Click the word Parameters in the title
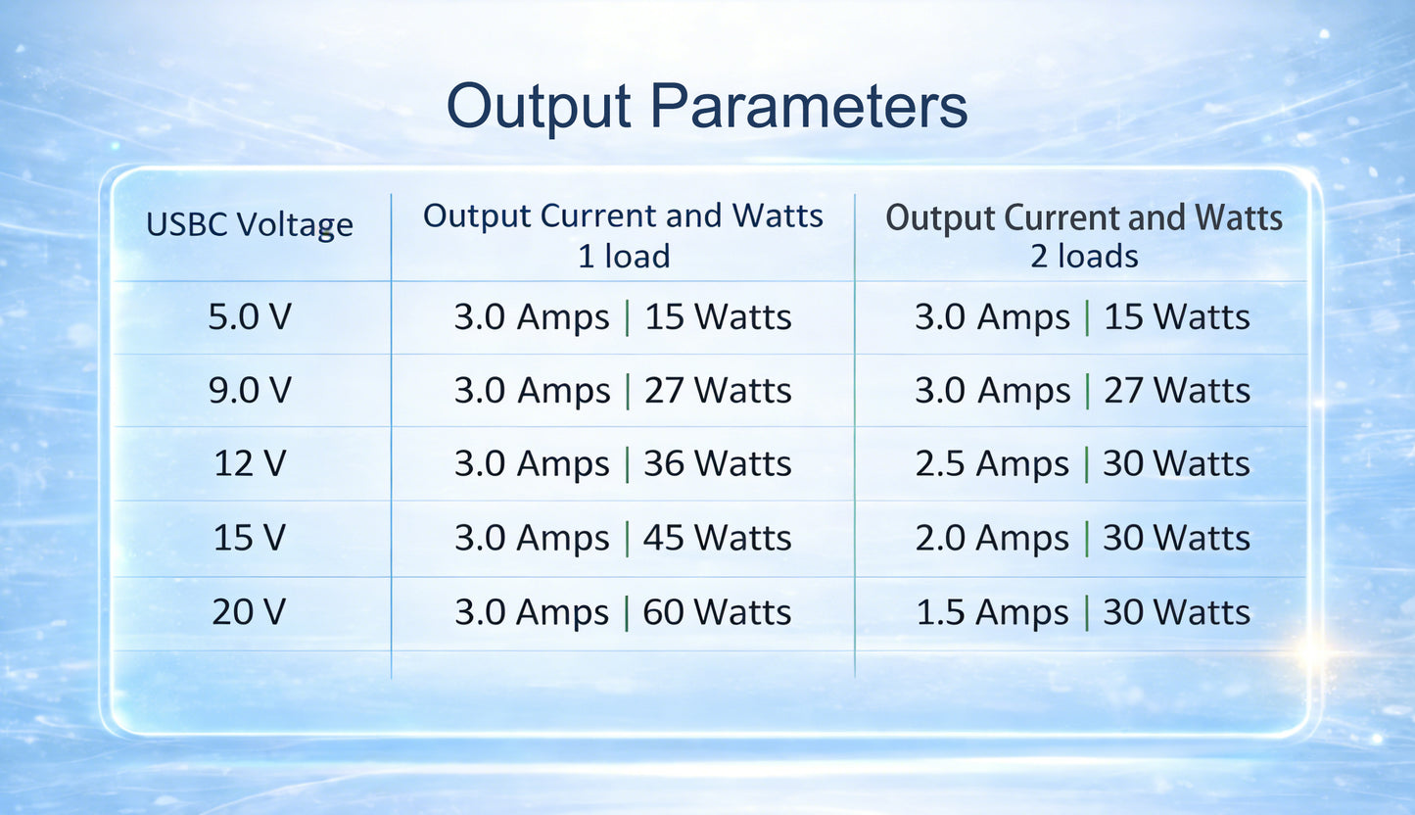click(809, 106)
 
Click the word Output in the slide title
click(539, 108)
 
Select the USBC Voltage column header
click(250, 225)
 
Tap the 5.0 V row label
click(250, 316)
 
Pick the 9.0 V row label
click(250, 390)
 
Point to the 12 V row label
click(250, 463)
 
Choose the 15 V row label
click(250, 538)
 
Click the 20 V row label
click(249, 611)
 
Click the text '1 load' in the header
click(624, 257)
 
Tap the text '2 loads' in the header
click(1084, 257)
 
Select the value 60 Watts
click(717, 612)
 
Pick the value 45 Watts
click(717, 539)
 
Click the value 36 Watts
click(717, 463)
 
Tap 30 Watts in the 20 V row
click(1176, 612)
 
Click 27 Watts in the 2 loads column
click(1177, 391)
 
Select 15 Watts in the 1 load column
click(718, 316)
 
